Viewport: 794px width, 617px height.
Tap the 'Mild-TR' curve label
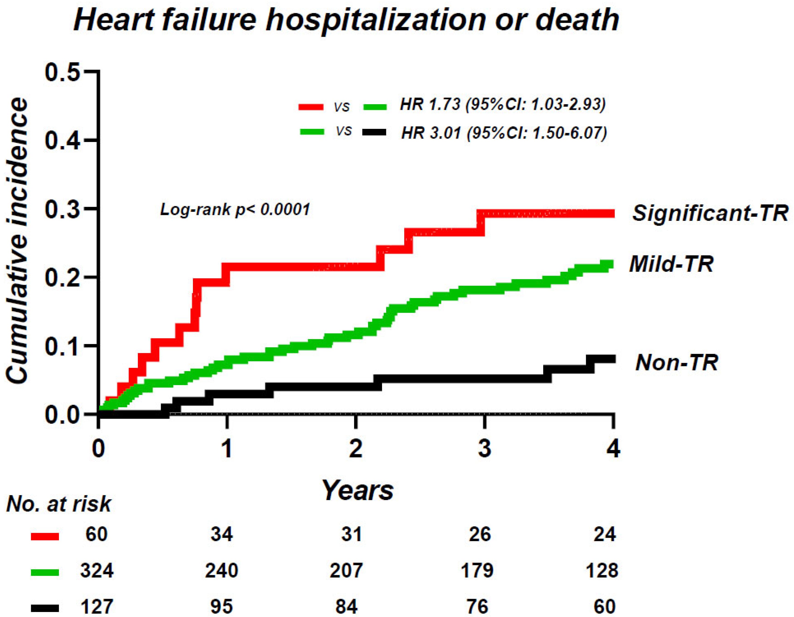coord(671,264)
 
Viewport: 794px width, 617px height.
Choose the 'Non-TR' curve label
coord(677,362)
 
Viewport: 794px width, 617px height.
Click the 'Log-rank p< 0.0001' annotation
coord(235,210)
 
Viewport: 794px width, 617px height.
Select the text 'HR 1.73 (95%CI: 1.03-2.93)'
coord(503,105)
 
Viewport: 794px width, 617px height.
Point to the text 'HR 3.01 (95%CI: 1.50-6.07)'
coord(504,133)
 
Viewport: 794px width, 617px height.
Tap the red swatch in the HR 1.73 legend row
coord(311,107)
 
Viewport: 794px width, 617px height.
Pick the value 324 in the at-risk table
coord(97,571)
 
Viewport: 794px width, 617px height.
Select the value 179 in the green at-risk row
coord(477,571)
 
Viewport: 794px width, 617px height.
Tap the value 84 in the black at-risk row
coord(346,607)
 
